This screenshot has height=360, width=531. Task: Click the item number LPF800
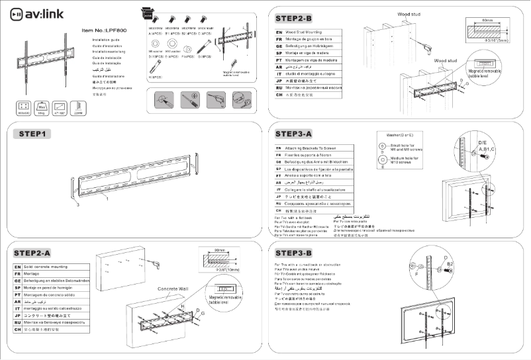[107, 30]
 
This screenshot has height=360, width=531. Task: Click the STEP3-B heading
[302, 252]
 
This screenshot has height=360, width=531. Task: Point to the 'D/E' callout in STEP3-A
[483, 143]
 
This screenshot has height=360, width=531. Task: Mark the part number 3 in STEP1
[77, 206]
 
